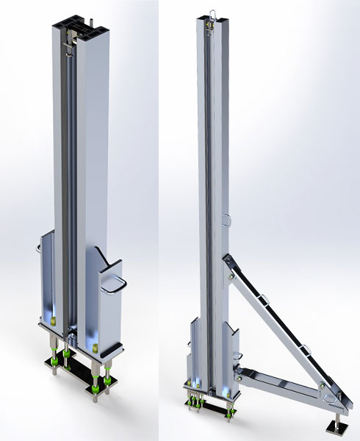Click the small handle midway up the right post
point(228,218)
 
